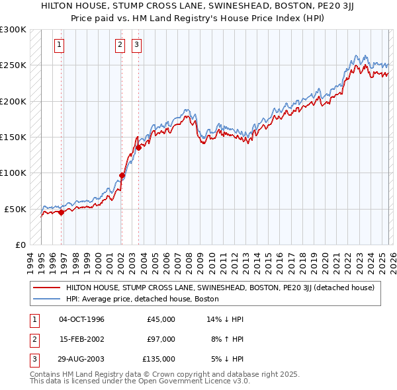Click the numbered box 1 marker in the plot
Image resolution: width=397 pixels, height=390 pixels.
(x=60, y=45)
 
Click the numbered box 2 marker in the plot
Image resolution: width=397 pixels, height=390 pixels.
(x=120, y=45)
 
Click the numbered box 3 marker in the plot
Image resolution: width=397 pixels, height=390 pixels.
(x=136, y=45)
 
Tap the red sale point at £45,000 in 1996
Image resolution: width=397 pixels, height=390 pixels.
(x=62, y=212)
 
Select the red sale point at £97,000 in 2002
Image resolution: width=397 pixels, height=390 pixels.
(x=122, y=175)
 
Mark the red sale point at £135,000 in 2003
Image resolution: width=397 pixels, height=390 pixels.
(x=139, y=148)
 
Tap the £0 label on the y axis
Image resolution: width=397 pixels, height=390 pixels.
(x=20, y=245)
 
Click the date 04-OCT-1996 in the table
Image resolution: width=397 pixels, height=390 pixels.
(x=81, y=319)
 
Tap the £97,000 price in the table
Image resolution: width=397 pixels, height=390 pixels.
(x=161, y=339)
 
